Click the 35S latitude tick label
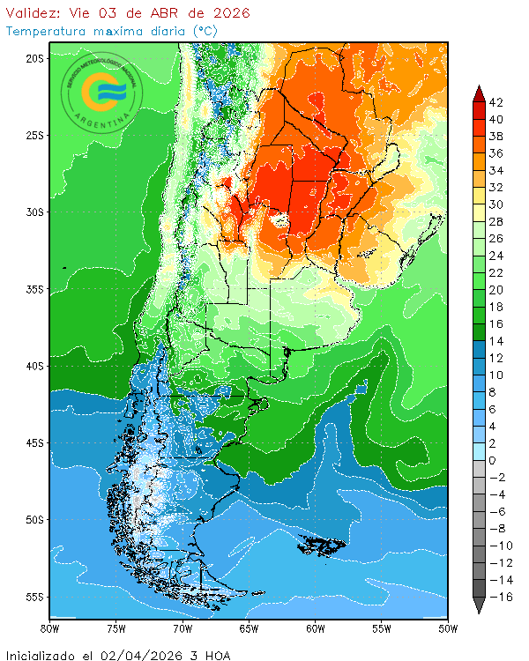pyautogui.click(x=34, y=289)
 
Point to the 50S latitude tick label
pyautogui.click(x=34, y=520)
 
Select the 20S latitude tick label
pyautogui.click(x=34, y=58)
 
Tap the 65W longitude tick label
pyautogui.click(x=249, y=628)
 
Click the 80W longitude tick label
pyautogui.click(x=49, y=628)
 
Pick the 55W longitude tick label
pyautogui.click(x=381, y=628)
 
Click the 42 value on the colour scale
pyautogui.click(x=496, y=102)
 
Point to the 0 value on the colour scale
pyautogui.click(x=492, y=461)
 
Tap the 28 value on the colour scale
pyautogui.click(x=496, y=221)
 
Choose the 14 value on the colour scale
pyautogui.click(x=496, y=341)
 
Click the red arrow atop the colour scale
pyautogui.click(x=479, y=93)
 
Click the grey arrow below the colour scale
pyautogui.click(x=479, y=605)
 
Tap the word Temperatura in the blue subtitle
pyautogui.click(x=45, y=31)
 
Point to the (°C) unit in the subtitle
pyautogui.click(x=205, y=31)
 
